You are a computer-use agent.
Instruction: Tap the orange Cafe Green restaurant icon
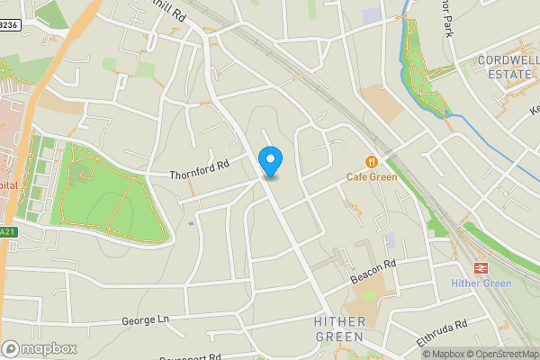pos(372,162)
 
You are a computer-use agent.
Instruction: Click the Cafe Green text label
pos(372,177)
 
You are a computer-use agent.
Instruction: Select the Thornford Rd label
pos(200,168)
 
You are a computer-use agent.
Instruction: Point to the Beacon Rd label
pos(373,273)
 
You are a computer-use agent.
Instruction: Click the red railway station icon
pos(481,267)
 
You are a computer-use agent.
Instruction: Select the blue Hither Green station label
pos(481,284)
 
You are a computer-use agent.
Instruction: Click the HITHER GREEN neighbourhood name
pos(340,328)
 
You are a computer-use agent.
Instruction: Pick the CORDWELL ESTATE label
pos(507,67)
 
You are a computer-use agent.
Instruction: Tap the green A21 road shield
pos(7,231)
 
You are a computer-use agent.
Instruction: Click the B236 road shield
pos(8,26)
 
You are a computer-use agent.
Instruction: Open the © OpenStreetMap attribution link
pos(502,354)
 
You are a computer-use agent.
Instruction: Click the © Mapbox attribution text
pos(444,354)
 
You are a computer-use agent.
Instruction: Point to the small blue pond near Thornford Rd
pos(191,223)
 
